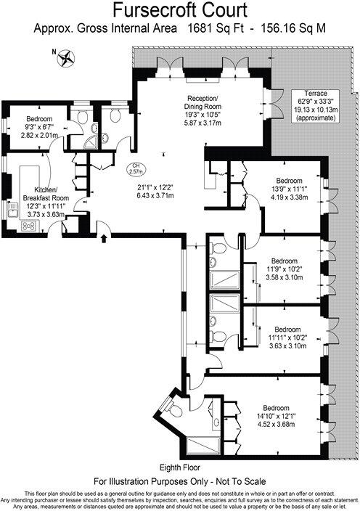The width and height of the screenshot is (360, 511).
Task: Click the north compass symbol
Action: point(67,56)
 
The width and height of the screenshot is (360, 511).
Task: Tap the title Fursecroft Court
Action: point(179,10)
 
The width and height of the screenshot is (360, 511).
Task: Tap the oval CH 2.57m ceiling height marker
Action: point(134,168)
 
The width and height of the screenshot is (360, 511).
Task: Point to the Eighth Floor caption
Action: point(179,467)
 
